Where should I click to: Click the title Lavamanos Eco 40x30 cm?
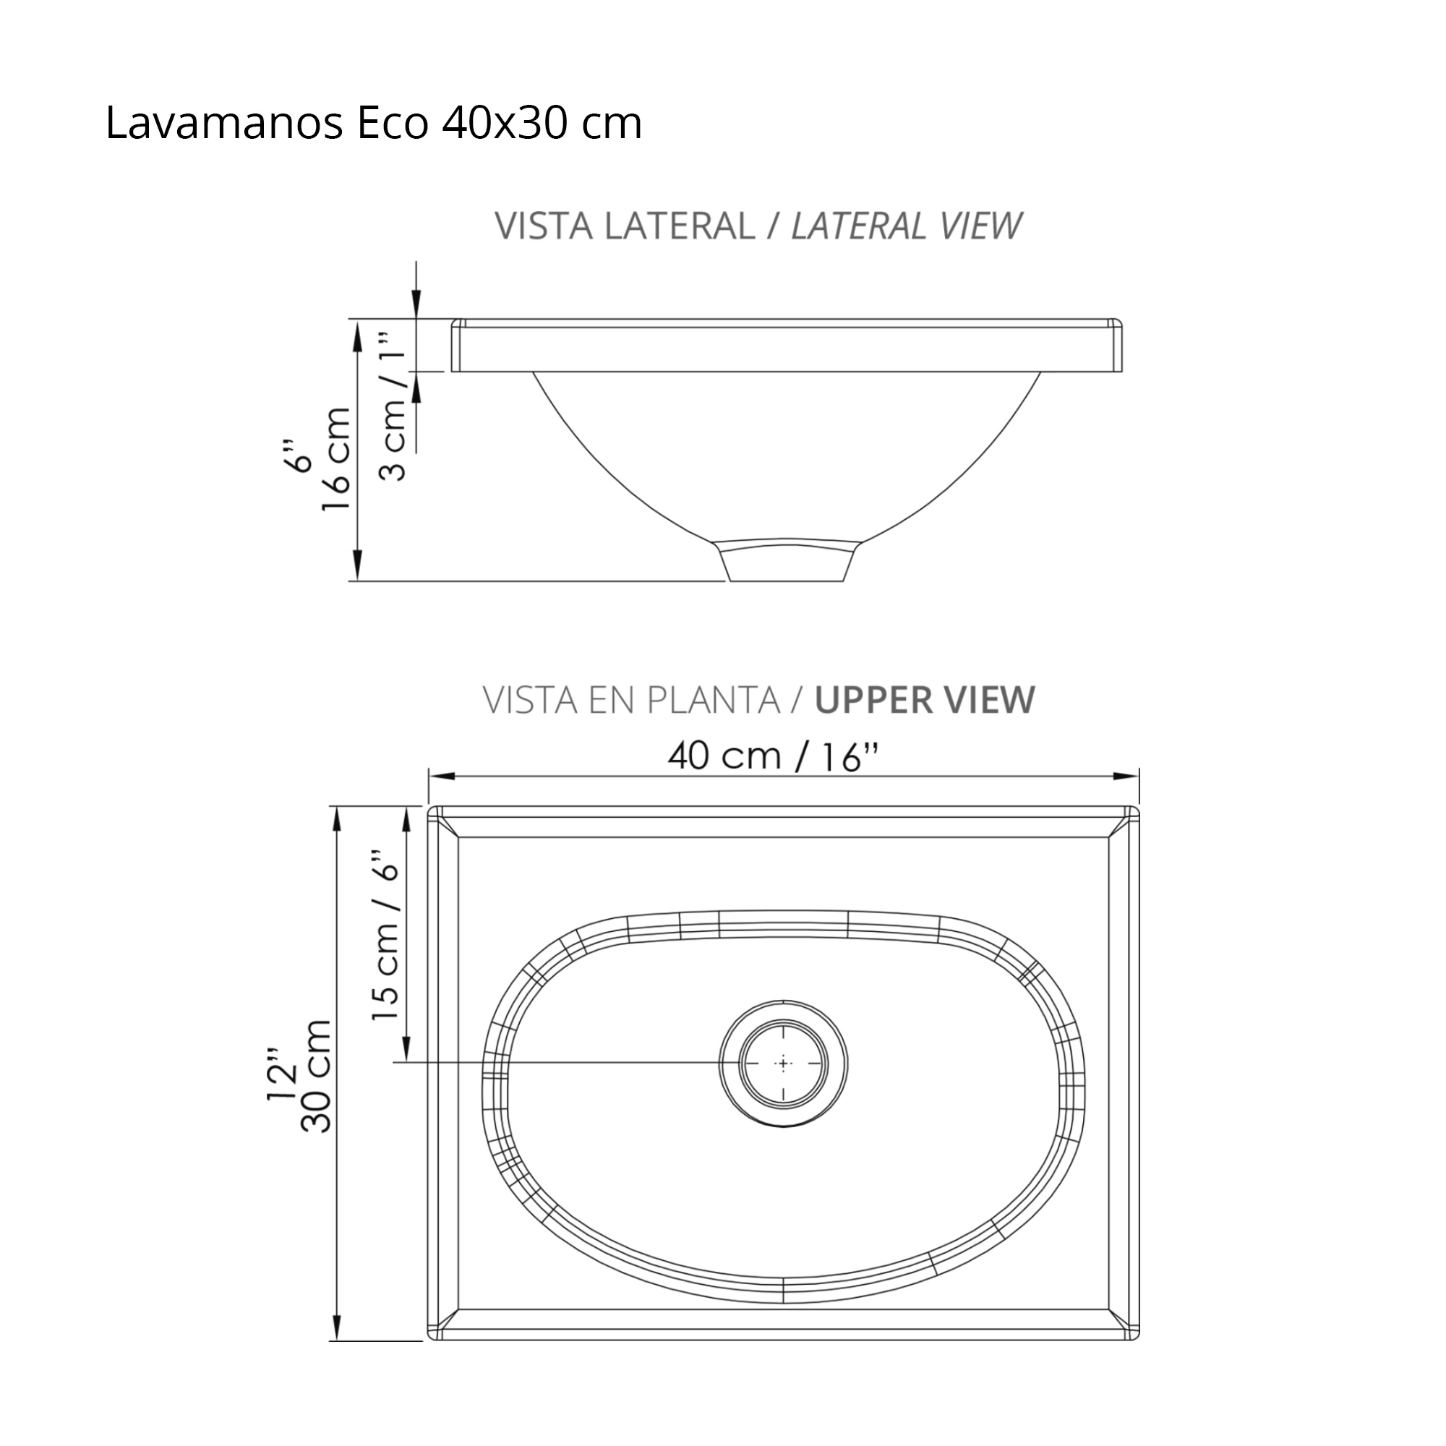click(373, 124)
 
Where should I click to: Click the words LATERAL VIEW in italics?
click(906, 226)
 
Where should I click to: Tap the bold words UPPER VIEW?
click(924, 700)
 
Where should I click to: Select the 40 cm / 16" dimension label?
click(771, 757)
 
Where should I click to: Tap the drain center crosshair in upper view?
click(784, 1064)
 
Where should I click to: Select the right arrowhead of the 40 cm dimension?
click(1129, 776)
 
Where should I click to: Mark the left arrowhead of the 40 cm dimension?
click(440, 776)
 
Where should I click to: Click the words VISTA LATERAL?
click(624, 226)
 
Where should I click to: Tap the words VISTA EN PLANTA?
click(632, 700)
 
